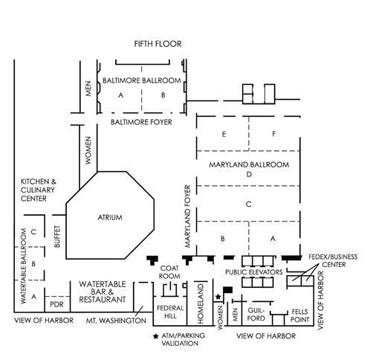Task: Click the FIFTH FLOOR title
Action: (158, 44)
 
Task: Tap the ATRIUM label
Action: (110, 217)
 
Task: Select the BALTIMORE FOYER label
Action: (141, 122)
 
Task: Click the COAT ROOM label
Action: (169, 272)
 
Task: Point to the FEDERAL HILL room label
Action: (170, 312)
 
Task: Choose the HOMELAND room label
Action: (201, 303)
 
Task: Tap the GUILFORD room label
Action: (256, 315)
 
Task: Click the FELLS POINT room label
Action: (299, 315)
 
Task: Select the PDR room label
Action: (56, 304)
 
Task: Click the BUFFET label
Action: (57, 237)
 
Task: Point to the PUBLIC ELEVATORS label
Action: (254, 272)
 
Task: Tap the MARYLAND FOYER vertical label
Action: (188, 216)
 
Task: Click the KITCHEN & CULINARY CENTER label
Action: (39, 190)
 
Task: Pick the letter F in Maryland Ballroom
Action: (273, 134)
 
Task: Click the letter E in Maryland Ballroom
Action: (224, 135)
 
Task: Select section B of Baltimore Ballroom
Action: (163, 95)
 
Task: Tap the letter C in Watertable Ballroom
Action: (33, 232)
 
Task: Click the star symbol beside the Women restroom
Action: (218, 297)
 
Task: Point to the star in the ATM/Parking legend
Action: (156, 336)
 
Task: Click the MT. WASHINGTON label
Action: (116, 321)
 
